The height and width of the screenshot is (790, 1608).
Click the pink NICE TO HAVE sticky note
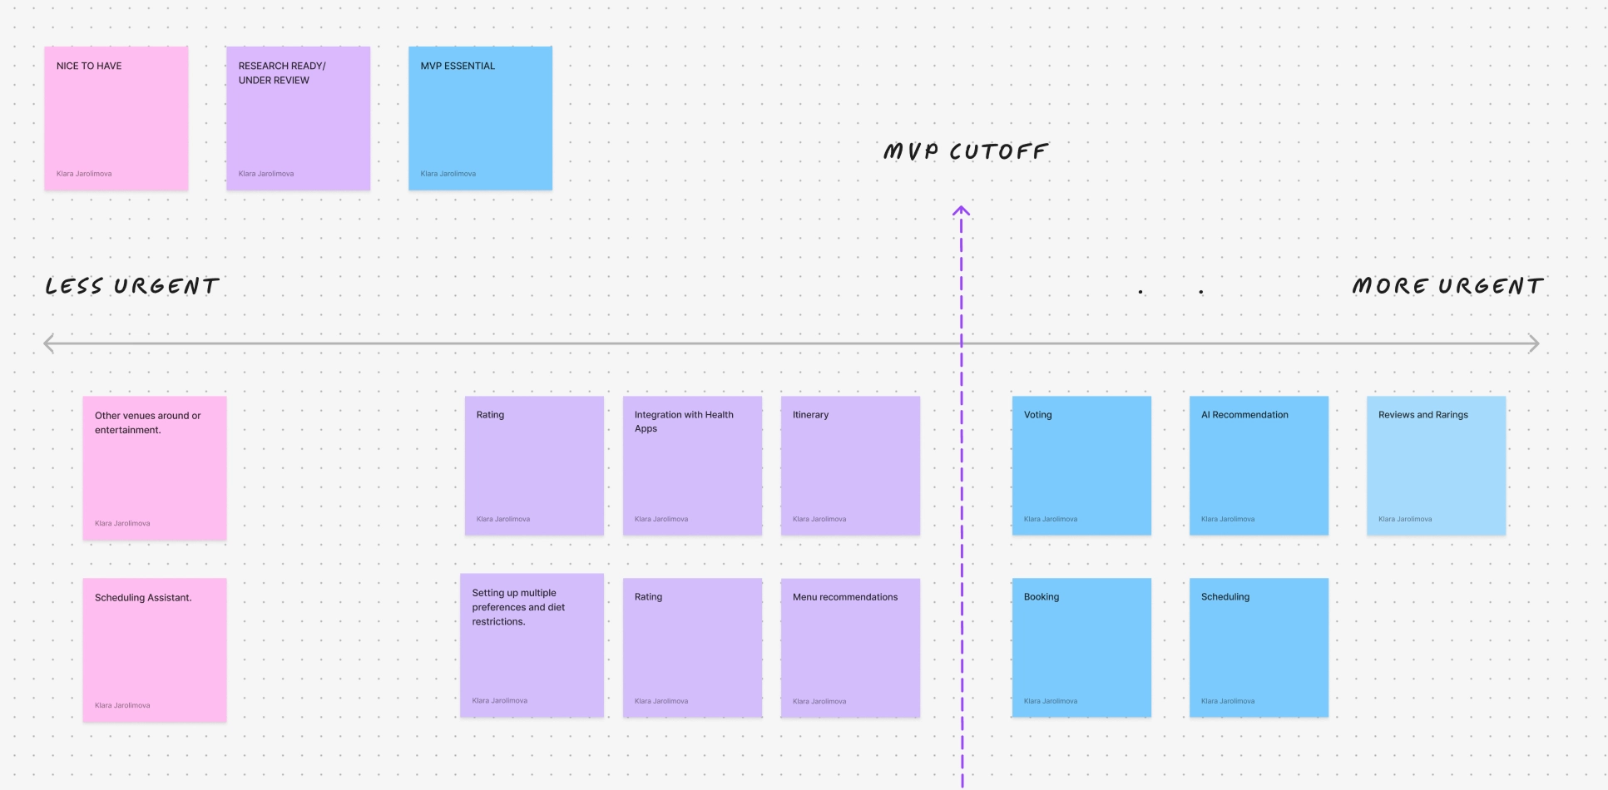click(116, 118)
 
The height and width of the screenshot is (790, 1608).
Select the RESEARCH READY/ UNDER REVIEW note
click(298, 118)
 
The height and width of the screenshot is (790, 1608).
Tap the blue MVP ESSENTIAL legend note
click(480, 118)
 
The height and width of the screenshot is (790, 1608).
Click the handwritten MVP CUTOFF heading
click(965, 151)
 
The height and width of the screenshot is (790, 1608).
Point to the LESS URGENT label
click(132, 286)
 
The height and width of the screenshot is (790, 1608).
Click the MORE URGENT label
click(1447, 286)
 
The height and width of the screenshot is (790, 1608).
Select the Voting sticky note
click(1081, 465)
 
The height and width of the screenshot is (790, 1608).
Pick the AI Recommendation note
click(1259, 465)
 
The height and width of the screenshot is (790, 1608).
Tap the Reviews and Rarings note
click(1436, 465)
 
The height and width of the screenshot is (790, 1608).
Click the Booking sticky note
click(1081, 647)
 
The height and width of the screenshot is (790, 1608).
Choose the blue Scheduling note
click(1259, 647)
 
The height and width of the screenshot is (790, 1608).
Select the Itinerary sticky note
click(850, 465)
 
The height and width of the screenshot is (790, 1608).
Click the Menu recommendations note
click(850, 647)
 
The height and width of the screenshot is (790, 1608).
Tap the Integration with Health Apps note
click(692, 465)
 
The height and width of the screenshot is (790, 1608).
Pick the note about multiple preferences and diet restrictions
click(532, 644)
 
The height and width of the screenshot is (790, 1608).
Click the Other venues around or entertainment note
click(155, 467)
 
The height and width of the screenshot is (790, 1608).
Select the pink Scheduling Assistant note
click(155, 649)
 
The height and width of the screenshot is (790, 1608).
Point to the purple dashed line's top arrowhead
click(961, 210)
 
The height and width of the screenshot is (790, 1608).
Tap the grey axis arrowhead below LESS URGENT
click(48, 343)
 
